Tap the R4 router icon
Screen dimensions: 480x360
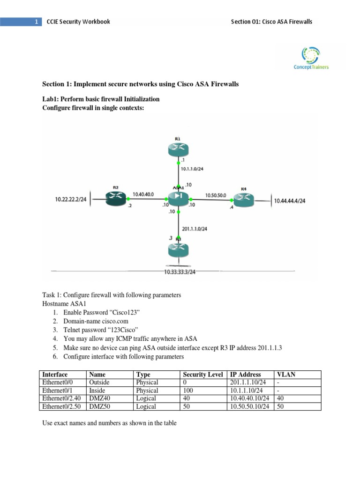[x=244, y=200]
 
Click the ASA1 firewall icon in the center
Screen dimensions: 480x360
[x=178, y=197]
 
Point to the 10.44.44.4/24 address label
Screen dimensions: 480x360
[x=290, y=201]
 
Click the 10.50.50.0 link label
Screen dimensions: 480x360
[x=216, y=194]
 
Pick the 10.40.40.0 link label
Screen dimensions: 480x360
[x=143, y=193]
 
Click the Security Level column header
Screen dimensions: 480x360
[x=202, y=375]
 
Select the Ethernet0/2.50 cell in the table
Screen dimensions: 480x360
[x=61, y=406]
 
